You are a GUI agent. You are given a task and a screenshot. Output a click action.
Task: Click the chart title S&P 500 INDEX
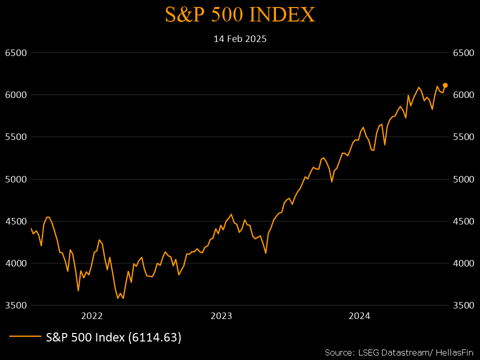click(x=240, y=15)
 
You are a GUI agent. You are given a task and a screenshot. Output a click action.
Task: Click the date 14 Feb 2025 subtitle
click(x=240, y=38)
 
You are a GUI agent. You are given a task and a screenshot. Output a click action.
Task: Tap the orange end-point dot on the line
click(x=445, y=85)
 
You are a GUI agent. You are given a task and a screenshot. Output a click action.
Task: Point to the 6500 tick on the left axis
click(x=15, y=52)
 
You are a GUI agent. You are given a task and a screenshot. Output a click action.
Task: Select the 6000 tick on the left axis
click(x=15, y=94)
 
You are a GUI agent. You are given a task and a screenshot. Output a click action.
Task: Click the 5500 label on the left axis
click(x=15, y=137)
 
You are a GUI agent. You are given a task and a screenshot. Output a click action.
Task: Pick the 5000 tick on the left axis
click(x=15, y=179)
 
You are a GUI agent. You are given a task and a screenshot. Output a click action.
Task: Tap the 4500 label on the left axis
click(x=15, y=221)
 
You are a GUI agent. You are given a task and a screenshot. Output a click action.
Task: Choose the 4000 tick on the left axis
click(x=15, y=263)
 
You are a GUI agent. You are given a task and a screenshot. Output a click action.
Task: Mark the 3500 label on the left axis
click(x=15, y=305)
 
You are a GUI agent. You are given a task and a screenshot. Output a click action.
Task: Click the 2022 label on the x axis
click(x=91, y=315)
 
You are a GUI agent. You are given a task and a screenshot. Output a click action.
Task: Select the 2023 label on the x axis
click(x=221, y=315)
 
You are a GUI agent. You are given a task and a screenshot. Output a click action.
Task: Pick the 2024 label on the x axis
click(x=359, y=315)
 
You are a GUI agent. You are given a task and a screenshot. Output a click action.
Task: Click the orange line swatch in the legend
click(x=25, y=337)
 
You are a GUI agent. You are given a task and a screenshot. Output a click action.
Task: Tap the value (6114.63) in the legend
click(x=154, y=337)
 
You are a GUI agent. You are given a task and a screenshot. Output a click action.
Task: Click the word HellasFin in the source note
click(x=455, y=352)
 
